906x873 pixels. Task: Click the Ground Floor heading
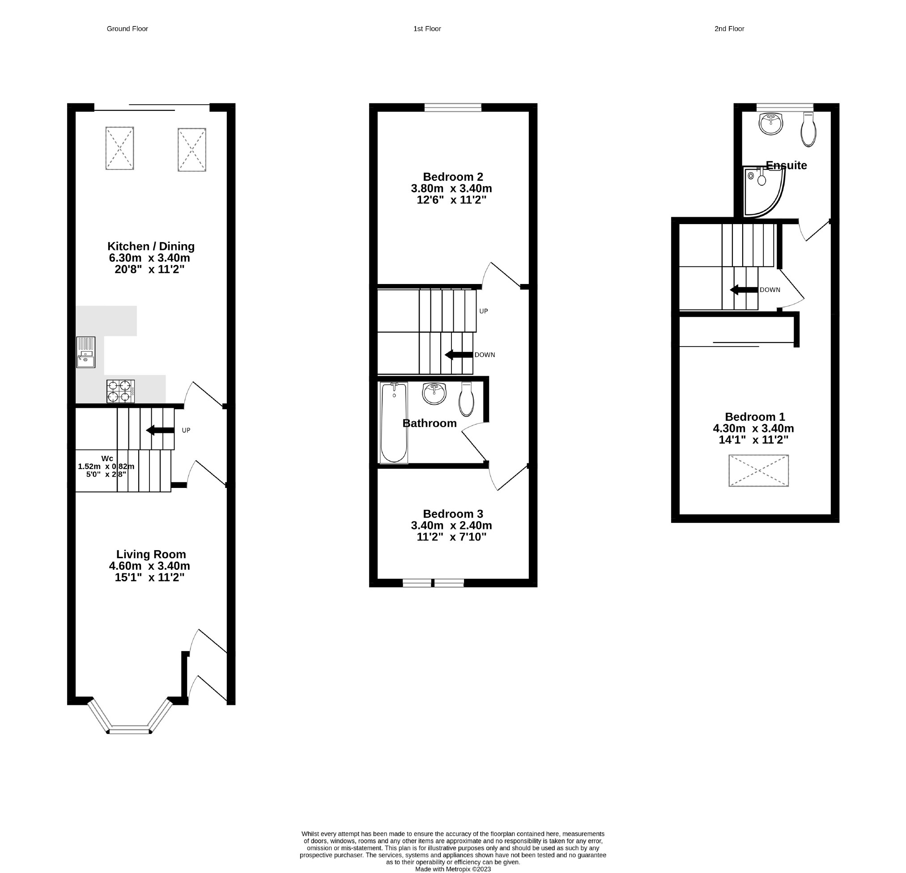coord(127,29)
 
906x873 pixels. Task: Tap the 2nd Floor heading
coord(729,29)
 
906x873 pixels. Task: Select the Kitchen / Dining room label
coord(151,246)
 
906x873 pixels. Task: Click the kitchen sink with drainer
coord(86,352)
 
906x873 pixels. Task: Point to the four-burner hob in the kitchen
coord(121,391)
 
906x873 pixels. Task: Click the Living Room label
coord(151,554)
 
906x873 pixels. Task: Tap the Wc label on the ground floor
coord(107,458)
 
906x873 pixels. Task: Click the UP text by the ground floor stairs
coord(186,430)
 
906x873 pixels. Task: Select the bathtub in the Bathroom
coord(394,422)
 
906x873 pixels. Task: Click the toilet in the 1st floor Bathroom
coord(466,399)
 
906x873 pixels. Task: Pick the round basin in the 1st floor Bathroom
coord(434,394)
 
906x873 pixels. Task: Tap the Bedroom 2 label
coord(452,177)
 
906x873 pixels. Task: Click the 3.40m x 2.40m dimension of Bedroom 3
coord(451,525)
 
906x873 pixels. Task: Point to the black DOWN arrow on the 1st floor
coord(459,355)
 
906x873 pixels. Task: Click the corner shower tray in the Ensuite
coord(764,192)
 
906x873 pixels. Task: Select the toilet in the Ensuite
coord(808,130)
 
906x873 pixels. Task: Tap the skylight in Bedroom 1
coord(758,470)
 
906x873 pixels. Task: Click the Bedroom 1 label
coord(754,417)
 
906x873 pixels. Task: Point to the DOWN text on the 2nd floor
coord(770,290)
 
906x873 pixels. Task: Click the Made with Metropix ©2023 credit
coord(453,869)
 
